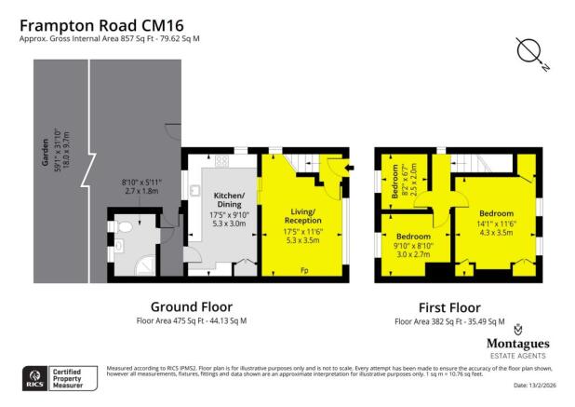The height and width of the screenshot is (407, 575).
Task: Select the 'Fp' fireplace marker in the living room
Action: click(x=303, y=271)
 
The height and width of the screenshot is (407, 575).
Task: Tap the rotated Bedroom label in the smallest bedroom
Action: click(x=394, y=182)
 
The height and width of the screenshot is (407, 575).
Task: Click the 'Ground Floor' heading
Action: click(x=191, y=306)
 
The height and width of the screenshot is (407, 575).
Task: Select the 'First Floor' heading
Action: click(x=449, y=306)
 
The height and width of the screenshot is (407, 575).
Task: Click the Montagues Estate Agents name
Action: click(x=516, y=342)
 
